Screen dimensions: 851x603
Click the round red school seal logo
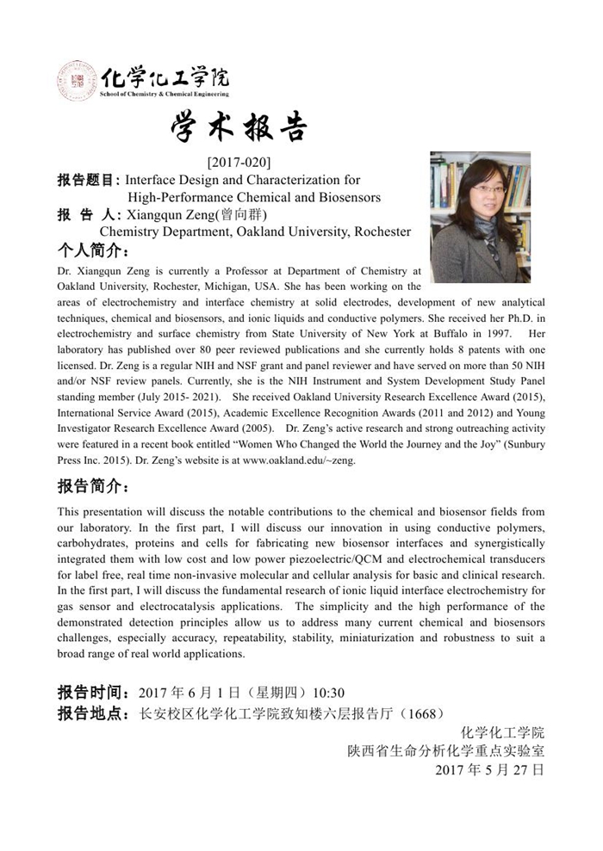[76, 80]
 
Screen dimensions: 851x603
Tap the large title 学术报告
[239, 128]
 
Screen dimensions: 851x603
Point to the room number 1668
[422, 713]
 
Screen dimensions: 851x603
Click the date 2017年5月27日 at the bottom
[490, 770]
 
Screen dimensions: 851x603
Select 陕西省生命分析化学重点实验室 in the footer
[445, 751]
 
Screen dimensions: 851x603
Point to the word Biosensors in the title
[344, 197]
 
